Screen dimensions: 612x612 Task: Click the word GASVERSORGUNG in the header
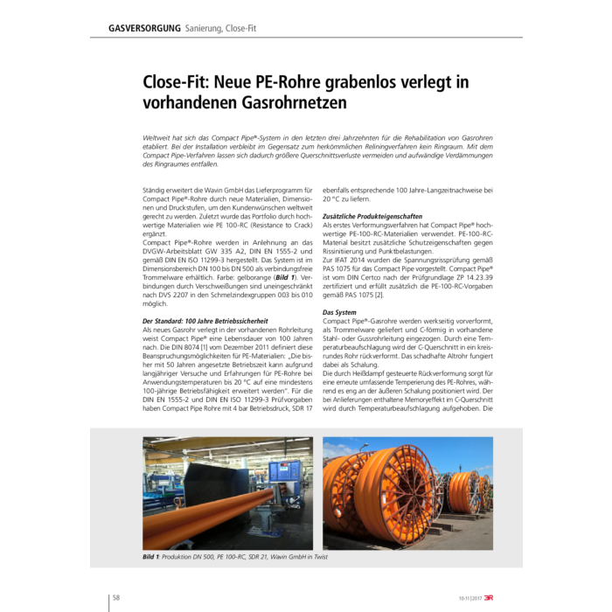click(x=144, y=29)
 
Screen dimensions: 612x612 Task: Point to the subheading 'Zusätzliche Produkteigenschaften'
click(x=373, y=215)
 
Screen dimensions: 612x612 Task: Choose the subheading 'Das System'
click(x=339, y=313)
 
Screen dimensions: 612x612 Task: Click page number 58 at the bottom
click(x=115, y=598)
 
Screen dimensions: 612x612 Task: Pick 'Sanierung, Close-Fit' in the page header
click(x=217, y=29)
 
